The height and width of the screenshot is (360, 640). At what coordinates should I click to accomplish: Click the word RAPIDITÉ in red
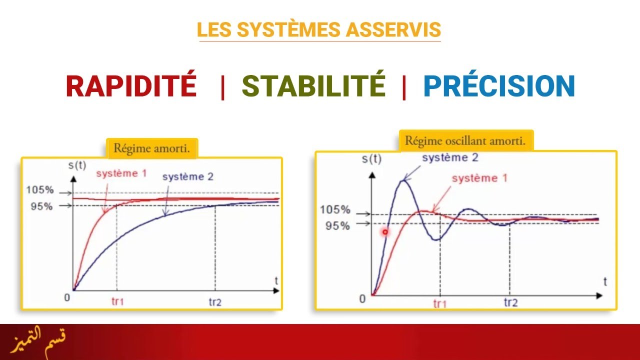(x=131, y=85)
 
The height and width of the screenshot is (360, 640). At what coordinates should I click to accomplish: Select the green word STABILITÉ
(x=313, y=85)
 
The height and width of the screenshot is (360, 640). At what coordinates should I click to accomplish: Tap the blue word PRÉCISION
(x=499, y=85)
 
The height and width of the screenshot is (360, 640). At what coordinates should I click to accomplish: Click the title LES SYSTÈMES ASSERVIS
(x=319, y=30)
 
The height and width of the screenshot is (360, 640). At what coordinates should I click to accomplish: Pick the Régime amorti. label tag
(x=152, y=148)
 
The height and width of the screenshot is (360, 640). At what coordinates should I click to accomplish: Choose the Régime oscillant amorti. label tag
(x=465, y=141)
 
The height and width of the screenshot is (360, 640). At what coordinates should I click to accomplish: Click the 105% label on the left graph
(x=39, y=190)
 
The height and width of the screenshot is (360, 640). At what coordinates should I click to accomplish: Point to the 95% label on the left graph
(x=41, y=205)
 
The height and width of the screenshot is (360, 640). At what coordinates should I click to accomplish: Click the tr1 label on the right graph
(x=440, y=303)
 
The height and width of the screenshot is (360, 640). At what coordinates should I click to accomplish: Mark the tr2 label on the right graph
(x=510, y=303)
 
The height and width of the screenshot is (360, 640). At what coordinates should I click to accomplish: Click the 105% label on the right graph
(x=335, y=210)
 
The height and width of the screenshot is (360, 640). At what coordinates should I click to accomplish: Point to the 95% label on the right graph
(x=337, y=225)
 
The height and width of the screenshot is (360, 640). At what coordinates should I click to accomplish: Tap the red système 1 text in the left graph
(x=121, y=174)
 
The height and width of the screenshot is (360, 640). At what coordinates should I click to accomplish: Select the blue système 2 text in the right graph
(x=449, y=158)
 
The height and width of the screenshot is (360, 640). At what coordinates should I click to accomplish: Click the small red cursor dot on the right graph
(x=385, y=232)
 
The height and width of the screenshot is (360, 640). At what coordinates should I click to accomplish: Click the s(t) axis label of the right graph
(x=371, y=159)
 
